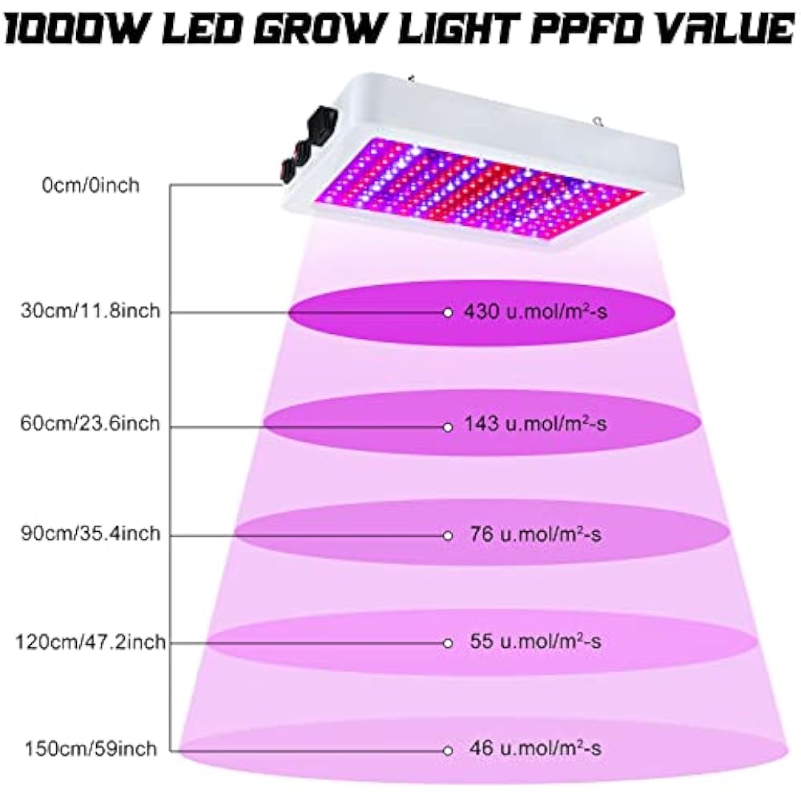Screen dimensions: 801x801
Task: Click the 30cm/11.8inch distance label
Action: click(91, 312)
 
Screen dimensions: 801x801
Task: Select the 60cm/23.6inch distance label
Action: click(91, 424)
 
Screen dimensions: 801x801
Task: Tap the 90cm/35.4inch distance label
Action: click(91, 533)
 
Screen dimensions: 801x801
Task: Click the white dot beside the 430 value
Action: click(448, 312)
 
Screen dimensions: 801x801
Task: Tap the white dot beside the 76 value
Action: click(448, 534)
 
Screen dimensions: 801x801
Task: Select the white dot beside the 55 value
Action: click(448, 642)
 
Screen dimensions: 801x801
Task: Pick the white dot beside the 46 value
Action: click(448, 750)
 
